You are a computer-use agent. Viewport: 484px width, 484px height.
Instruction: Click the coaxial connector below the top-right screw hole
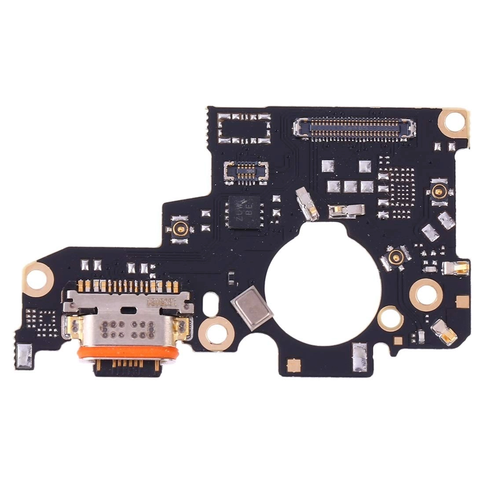pyautogui.click(x=439, y=191)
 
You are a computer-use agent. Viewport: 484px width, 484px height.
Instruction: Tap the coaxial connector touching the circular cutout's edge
pyautogui.click(x=395, y=257)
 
